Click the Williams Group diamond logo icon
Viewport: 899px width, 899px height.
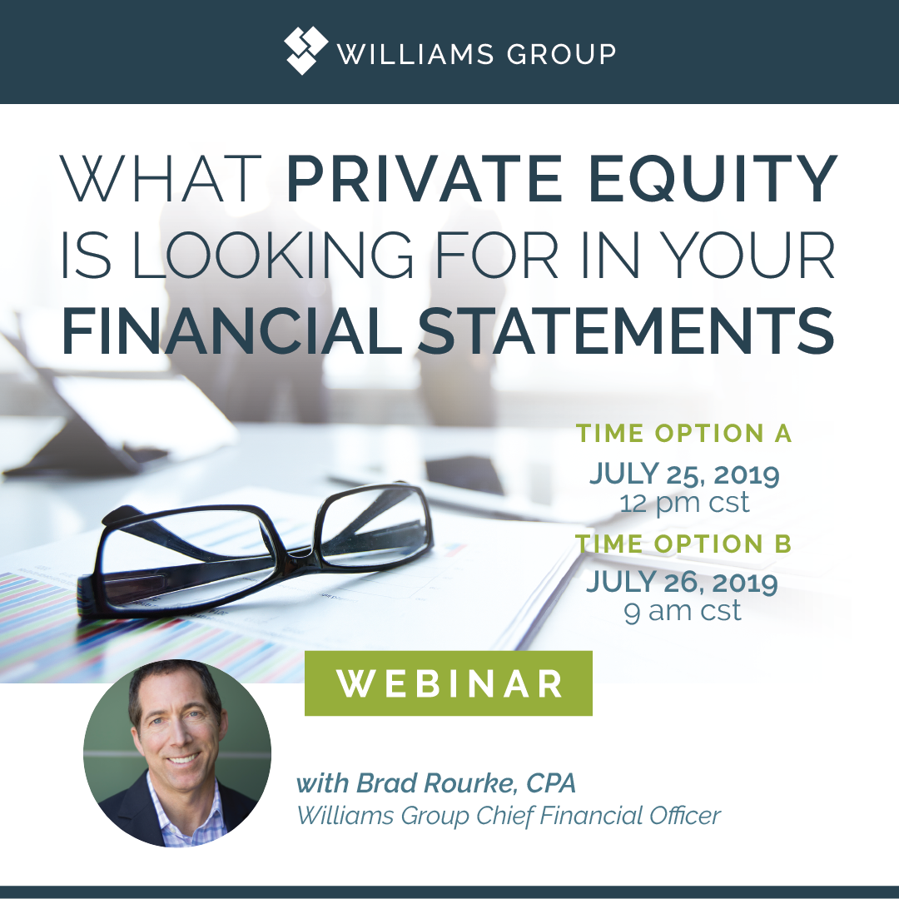(x=305, y=51)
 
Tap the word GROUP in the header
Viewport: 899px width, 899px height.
(x=561, y=54)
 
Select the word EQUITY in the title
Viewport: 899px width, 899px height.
(x=713, y=180)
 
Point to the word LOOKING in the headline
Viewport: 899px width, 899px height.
(x=273, y=256)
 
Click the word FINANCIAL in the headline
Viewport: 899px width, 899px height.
(x=231, y=332)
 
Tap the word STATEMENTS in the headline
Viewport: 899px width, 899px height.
(x=625, y=332)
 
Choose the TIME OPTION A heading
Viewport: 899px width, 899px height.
(x=683, y=434)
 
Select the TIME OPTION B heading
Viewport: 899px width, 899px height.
(x=683, y=544)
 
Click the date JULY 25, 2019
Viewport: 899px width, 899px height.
(x=684, y=474)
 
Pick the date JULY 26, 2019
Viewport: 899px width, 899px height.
(x=683, y=583)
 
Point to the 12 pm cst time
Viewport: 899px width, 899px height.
(x=684, y=503)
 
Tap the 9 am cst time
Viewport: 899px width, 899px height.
(x=683, y=611)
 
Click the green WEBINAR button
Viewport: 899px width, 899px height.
(x=449, y=683)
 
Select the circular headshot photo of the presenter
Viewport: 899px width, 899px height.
(x=177, y=753)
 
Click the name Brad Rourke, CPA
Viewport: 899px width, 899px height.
(x=466, y=783)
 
